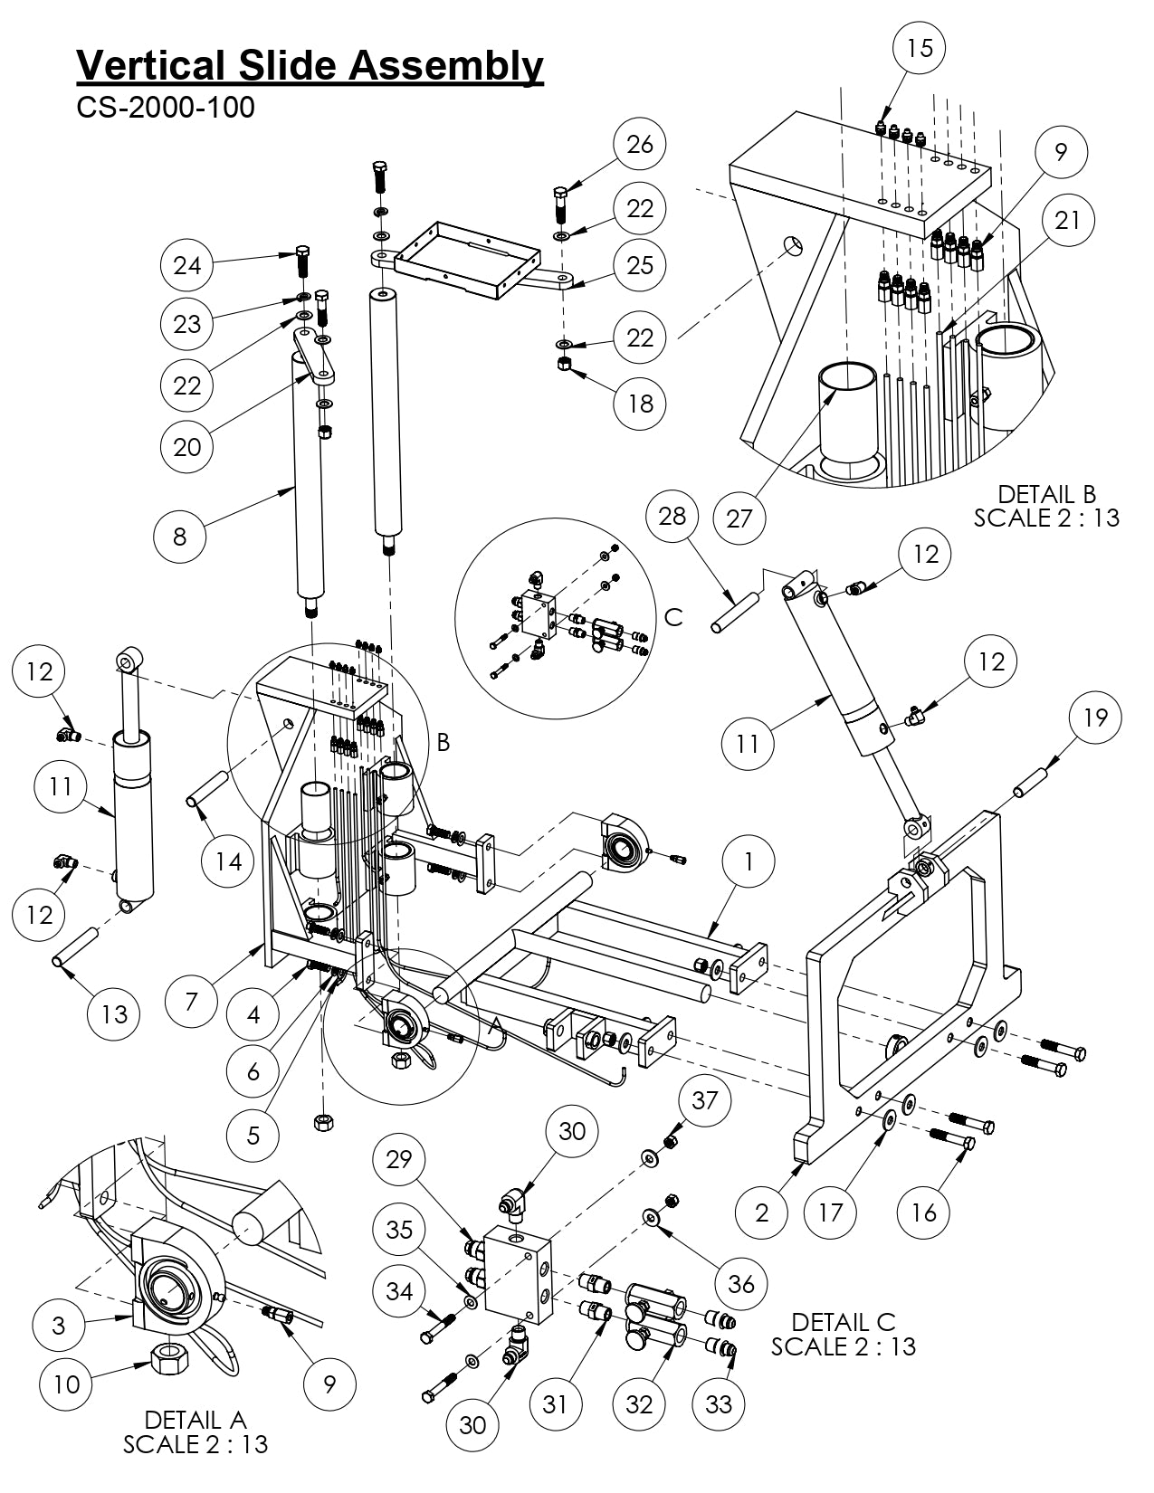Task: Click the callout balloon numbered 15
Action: tap(919, 47)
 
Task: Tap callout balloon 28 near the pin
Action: tap(672, 517)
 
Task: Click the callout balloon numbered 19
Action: tap(1094, 718)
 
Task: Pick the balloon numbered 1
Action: tap(748, 861)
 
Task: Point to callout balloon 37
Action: tap(704, 1100)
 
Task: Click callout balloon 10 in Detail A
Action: tap(67, 1384)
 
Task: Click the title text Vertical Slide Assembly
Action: tap(310, 66)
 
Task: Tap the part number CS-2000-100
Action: tap(166, 108)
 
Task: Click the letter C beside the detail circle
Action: tap(673, 616)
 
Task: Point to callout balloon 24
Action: tap(187, 265)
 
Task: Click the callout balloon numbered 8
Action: tap(179, 536)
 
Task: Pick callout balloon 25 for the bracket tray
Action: tap(640, 265)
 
